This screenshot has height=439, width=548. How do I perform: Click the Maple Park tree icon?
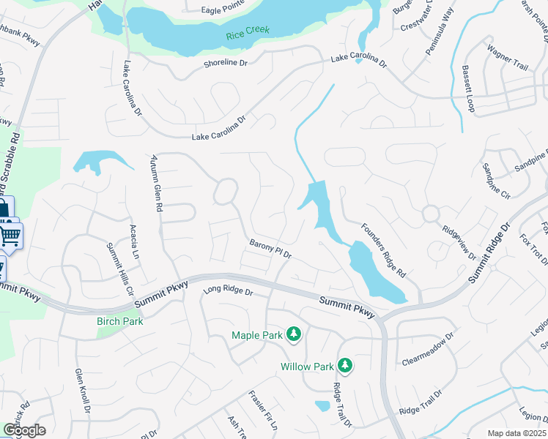[294, 334]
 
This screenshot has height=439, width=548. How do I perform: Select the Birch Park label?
[119, 321]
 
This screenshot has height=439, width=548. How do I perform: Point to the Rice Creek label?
[248, 31]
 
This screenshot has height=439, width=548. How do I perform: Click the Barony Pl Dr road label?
[270, 249]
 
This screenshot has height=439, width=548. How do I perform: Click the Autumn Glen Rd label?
[155, 182]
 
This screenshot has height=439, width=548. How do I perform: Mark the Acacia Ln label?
[134, 242]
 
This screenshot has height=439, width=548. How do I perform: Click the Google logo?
[23, 430]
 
